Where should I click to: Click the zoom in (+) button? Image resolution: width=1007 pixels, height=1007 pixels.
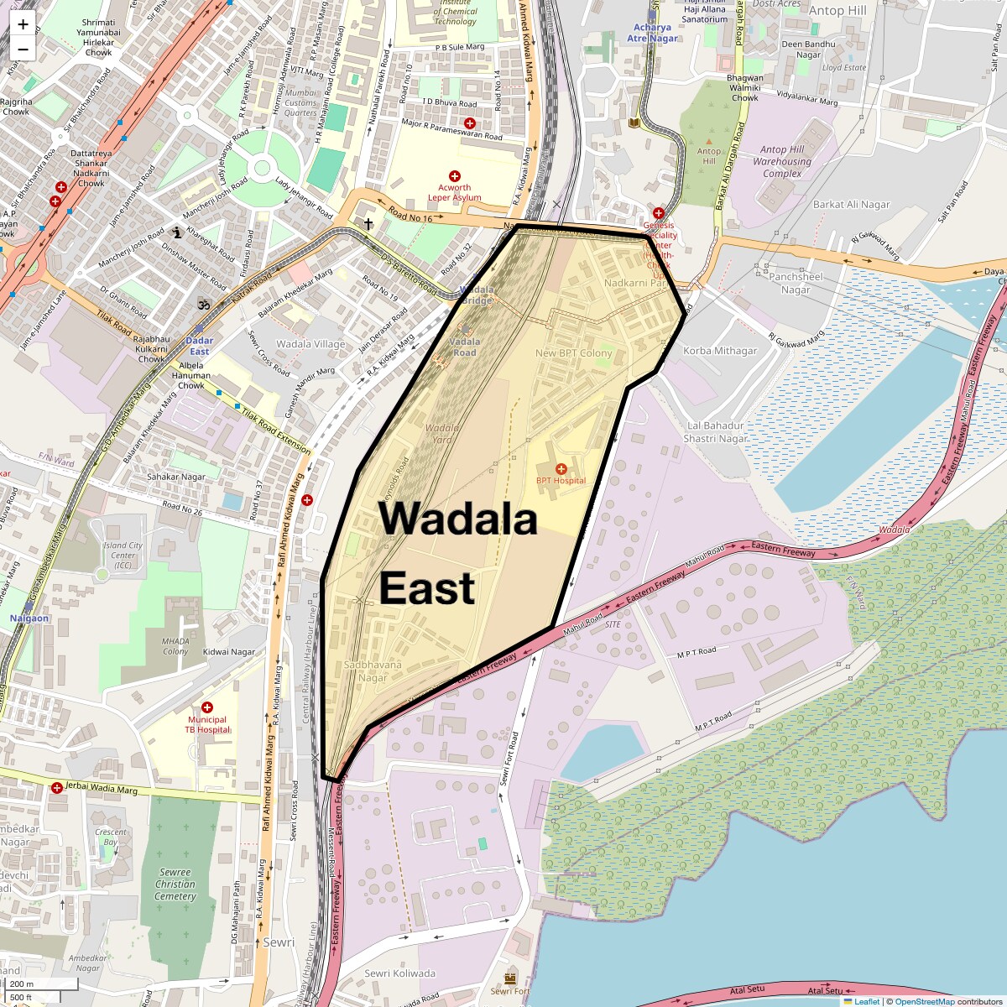click(x=23, y=24)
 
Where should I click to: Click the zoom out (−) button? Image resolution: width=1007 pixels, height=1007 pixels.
click(x=23, y=50)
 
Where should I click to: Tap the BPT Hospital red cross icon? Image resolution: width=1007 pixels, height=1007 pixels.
click(x=561, y=468)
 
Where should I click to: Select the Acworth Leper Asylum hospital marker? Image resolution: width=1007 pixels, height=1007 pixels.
click(x=455, y=176)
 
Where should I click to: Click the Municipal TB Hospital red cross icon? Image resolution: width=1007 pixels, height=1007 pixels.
click(x=207, y=707)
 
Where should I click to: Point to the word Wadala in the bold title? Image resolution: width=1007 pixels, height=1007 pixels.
click(x=457, y=519)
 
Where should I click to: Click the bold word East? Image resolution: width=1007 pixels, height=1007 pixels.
click(x=427, y=587)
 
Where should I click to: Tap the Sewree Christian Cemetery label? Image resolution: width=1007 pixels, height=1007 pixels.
click(x=175, y=884)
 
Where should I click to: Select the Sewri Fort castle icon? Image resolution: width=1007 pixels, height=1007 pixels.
click(x=510, y=978)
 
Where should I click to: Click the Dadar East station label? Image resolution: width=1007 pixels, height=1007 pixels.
click(x=199, y=346)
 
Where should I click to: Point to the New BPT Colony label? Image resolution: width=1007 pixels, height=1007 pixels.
click(x=574, y=353)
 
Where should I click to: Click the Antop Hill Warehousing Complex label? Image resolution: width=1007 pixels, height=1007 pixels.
click(x=782, y=162)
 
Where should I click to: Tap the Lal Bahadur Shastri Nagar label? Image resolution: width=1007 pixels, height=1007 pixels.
click(x=716, y=432)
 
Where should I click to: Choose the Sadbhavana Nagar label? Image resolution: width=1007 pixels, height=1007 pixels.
click(x=373, y=671)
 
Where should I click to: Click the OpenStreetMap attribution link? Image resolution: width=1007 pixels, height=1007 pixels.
click(x=924, y=1001)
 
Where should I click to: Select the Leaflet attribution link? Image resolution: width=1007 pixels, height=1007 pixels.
click(x=866, y=1001)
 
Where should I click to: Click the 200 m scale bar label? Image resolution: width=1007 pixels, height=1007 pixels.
click(x=23, y=984)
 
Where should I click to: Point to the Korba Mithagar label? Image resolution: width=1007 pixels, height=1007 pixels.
click(x=720, y=351)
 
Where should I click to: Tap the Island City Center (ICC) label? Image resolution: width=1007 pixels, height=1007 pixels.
click(x=123, y=556)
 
